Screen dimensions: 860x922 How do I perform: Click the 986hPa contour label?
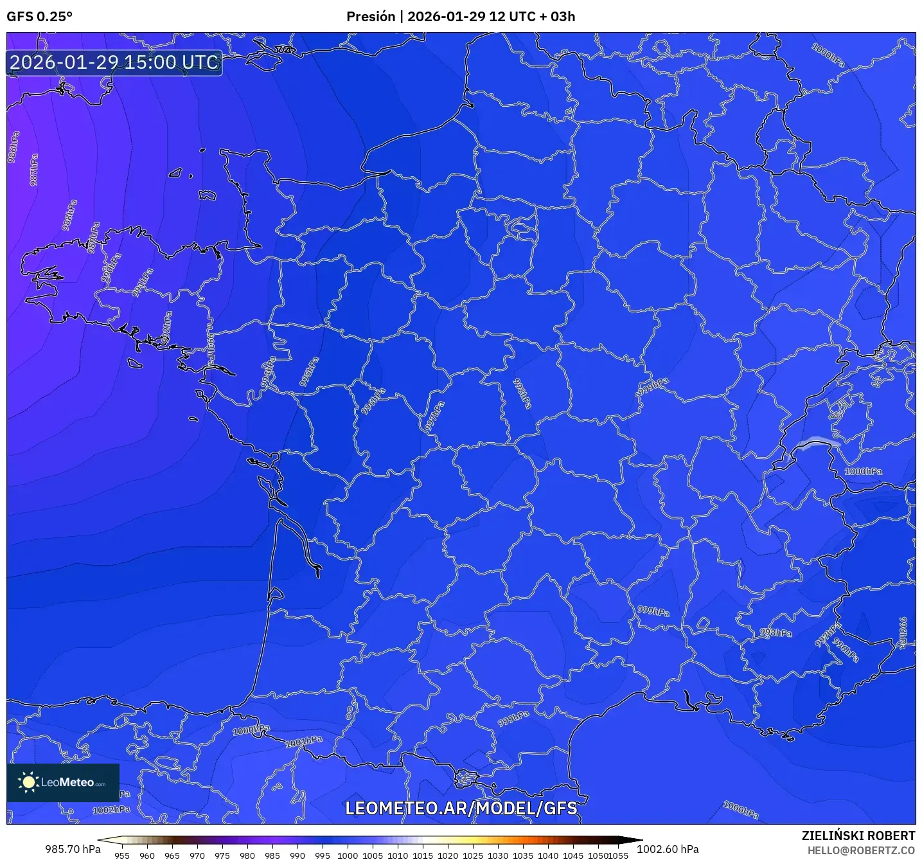pos(13,147)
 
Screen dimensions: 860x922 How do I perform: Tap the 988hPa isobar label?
pos(69,215)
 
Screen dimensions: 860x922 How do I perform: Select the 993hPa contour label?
pos(211,349)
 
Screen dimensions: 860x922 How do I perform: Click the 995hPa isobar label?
pos(309,372)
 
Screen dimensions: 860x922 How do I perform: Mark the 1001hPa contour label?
pos(304,741)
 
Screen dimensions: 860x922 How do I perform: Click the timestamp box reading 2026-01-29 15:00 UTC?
pos(114,62)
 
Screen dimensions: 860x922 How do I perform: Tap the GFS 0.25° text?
pos(39,17)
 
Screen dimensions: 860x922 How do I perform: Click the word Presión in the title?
pos(370,17)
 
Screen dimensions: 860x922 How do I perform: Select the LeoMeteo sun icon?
pos(28,782)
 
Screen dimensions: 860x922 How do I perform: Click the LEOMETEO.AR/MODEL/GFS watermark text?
pos(461,808)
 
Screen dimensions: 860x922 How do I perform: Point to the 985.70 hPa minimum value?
pos(73,849)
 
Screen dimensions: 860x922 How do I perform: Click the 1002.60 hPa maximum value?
pos(668,849)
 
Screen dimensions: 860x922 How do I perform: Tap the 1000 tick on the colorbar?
pos(348,855)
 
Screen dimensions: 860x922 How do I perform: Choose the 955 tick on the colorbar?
pos(122,855)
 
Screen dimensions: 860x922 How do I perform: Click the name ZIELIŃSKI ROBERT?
pos(858,836)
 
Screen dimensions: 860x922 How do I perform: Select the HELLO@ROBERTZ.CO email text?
pos(861,850)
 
